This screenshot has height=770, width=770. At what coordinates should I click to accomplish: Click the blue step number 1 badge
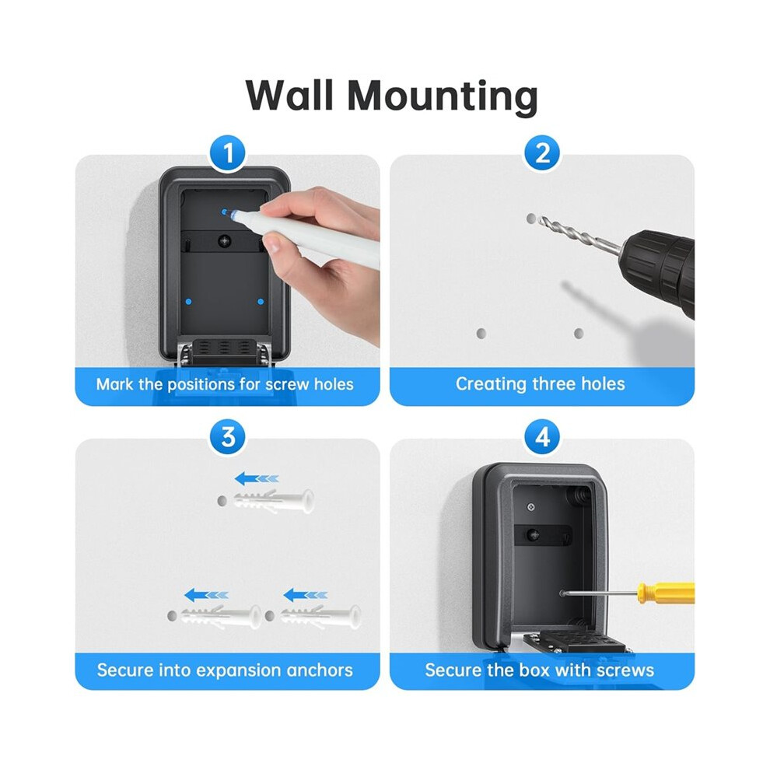click(227, 153)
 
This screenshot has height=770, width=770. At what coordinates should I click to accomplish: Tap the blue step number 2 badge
click(542, 153)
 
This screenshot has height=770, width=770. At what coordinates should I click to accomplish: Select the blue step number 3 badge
click(227, 437)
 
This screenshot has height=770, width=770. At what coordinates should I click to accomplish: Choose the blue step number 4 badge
click(542, 437)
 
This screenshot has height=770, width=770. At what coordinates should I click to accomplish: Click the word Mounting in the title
click(443, 96)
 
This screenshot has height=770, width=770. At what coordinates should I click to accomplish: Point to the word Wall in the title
click(290, 95)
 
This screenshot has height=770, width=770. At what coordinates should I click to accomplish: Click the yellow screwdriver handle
click(666, 593)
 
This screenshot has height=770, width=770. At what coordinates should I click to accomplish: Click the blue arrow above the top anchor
click(257, 478)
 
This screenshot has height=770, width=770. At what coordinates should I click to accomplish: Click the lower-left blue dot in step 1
click(188, 302)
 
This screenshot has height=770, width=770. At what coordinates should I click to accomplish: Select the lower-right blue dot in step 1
click(261, 302)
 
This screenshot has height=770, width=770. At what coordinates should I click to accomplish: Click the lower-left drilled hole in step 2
click(481, 334)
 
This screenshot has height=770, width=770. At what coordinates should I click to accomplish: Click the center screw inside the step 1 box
click(225, 241)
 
